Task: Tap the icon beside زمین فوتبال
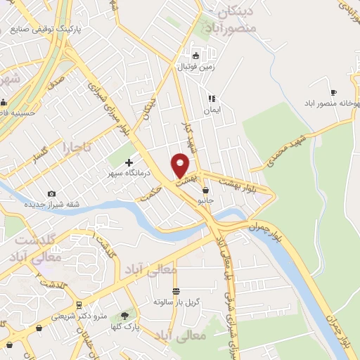point(196,56)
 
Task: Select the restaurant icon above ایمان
point(210,99)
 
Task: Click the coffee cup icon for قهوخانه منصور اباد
point(333,92)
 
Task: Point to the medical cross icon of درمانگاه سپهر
point(129,162)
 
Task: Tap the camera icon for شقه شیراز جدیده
point(51,193)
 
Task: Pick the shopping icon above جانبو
point(205,190)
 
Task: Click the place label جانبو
point(205,200)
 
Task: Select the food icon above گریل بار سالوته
point(176,291)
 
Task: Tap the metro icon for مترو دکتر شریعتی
point(78,304)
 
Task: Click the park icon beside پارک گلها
point(126,316)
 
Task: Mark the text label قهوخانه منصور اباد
point(324,102)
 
